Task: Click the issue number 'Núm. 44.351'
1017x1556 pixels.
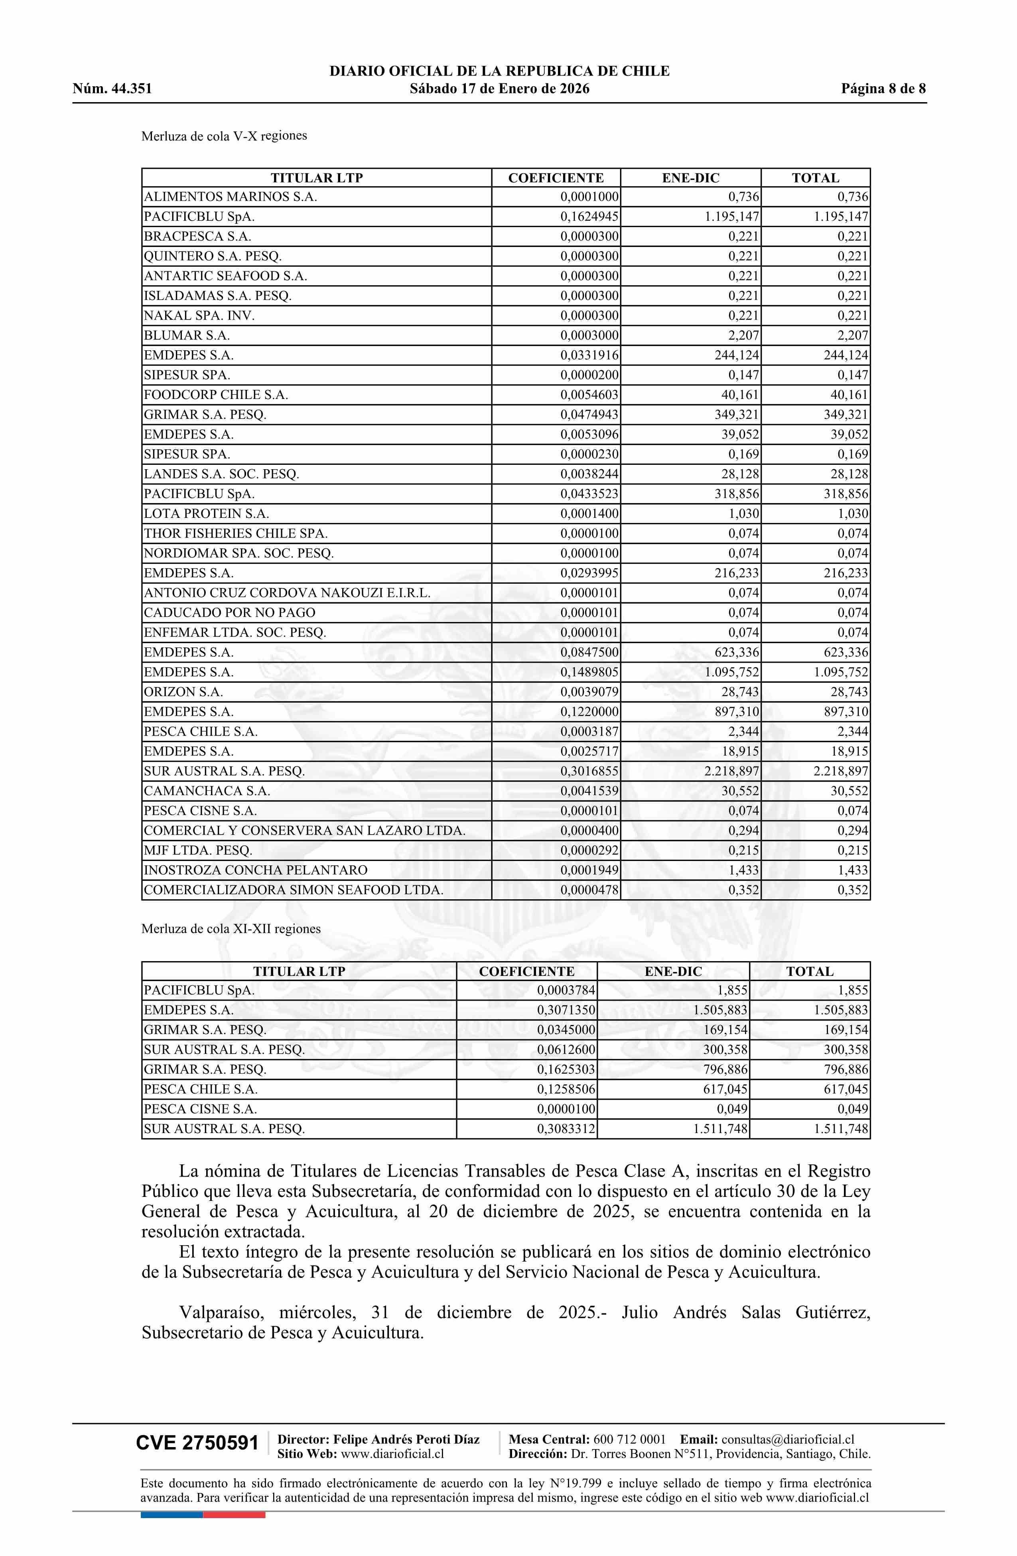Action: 112,89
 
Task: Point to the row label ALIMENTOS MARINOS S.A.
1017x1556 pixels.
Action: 230,197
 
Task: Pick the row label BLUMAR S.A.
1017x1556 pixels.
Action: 187,336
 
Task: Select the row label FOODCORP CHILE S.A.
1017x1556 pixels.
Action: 216,395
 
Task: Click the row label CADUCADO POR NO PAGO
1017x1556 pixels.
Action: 229,612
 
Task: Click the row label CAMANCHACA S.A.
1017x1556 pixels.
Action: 207,791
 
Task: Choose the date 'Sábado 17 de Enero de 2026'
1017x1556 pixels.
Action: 499,89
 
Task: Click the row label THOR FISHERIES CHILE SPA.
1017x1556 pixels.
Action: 235,533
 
